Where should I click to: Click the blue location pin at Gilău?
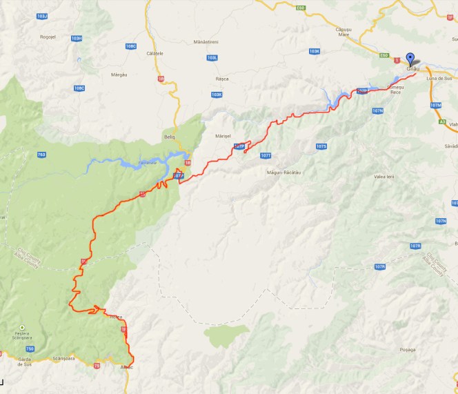tap(410, 59)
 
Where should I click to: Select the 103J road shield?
tap(42, 15)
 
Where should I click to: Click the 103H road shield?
tap(76, 38)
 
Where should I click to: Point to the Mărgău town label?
tap(100, 74)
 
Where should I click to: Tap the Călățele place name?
tap(155, 53)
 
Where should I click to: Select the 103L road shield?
tap(212, 58)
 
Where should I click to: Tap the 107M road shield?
tap(435, 105)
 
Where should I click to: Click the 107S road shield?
tap(320, 147)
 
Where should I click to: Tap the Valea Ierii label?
tap(384, 177)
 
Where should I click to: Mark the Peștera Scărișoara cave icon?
tap(22, 327)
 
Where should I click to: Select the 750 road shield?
tap(30, 349)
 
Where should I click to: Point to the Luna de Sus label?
tap(438, 78)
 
